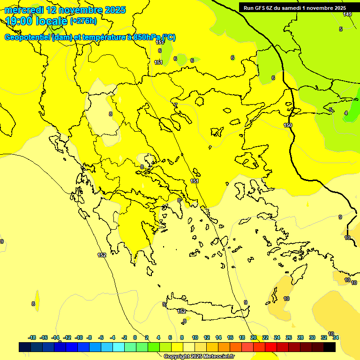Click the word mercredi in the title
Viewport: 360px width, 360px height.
tap(23, 10)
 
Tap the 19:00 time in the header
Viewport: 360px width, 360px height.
tap(19, 21)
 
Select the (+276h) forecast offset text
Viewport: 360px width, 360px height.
tap(83, 21)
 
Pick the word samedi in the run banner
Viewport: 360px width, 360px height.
tap(291, 8)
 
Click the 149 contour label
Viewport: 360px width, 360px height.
tap(347, 15)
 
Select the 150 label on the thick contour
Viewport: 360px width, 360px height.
tap(288, 125)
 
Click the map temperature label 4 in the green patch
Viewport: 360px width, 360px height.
tap(346, 113)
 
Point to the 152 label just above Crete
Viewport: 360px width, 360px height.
tap(182, 311)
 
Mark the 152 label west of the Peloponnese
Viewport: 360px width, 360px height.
tap(102, 255)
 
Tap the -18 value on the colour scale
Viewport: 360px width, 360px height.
tap(32, 337)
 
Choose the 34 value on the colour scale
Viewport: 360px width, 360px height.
tap(336, 337)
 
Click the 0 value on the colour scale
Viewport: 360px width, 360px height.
tap(135, 337)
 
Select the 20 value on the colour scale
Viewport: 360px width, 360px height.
tap(254, 337)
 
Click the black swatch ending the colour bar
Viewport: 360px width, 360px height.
tap(330, 347)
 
